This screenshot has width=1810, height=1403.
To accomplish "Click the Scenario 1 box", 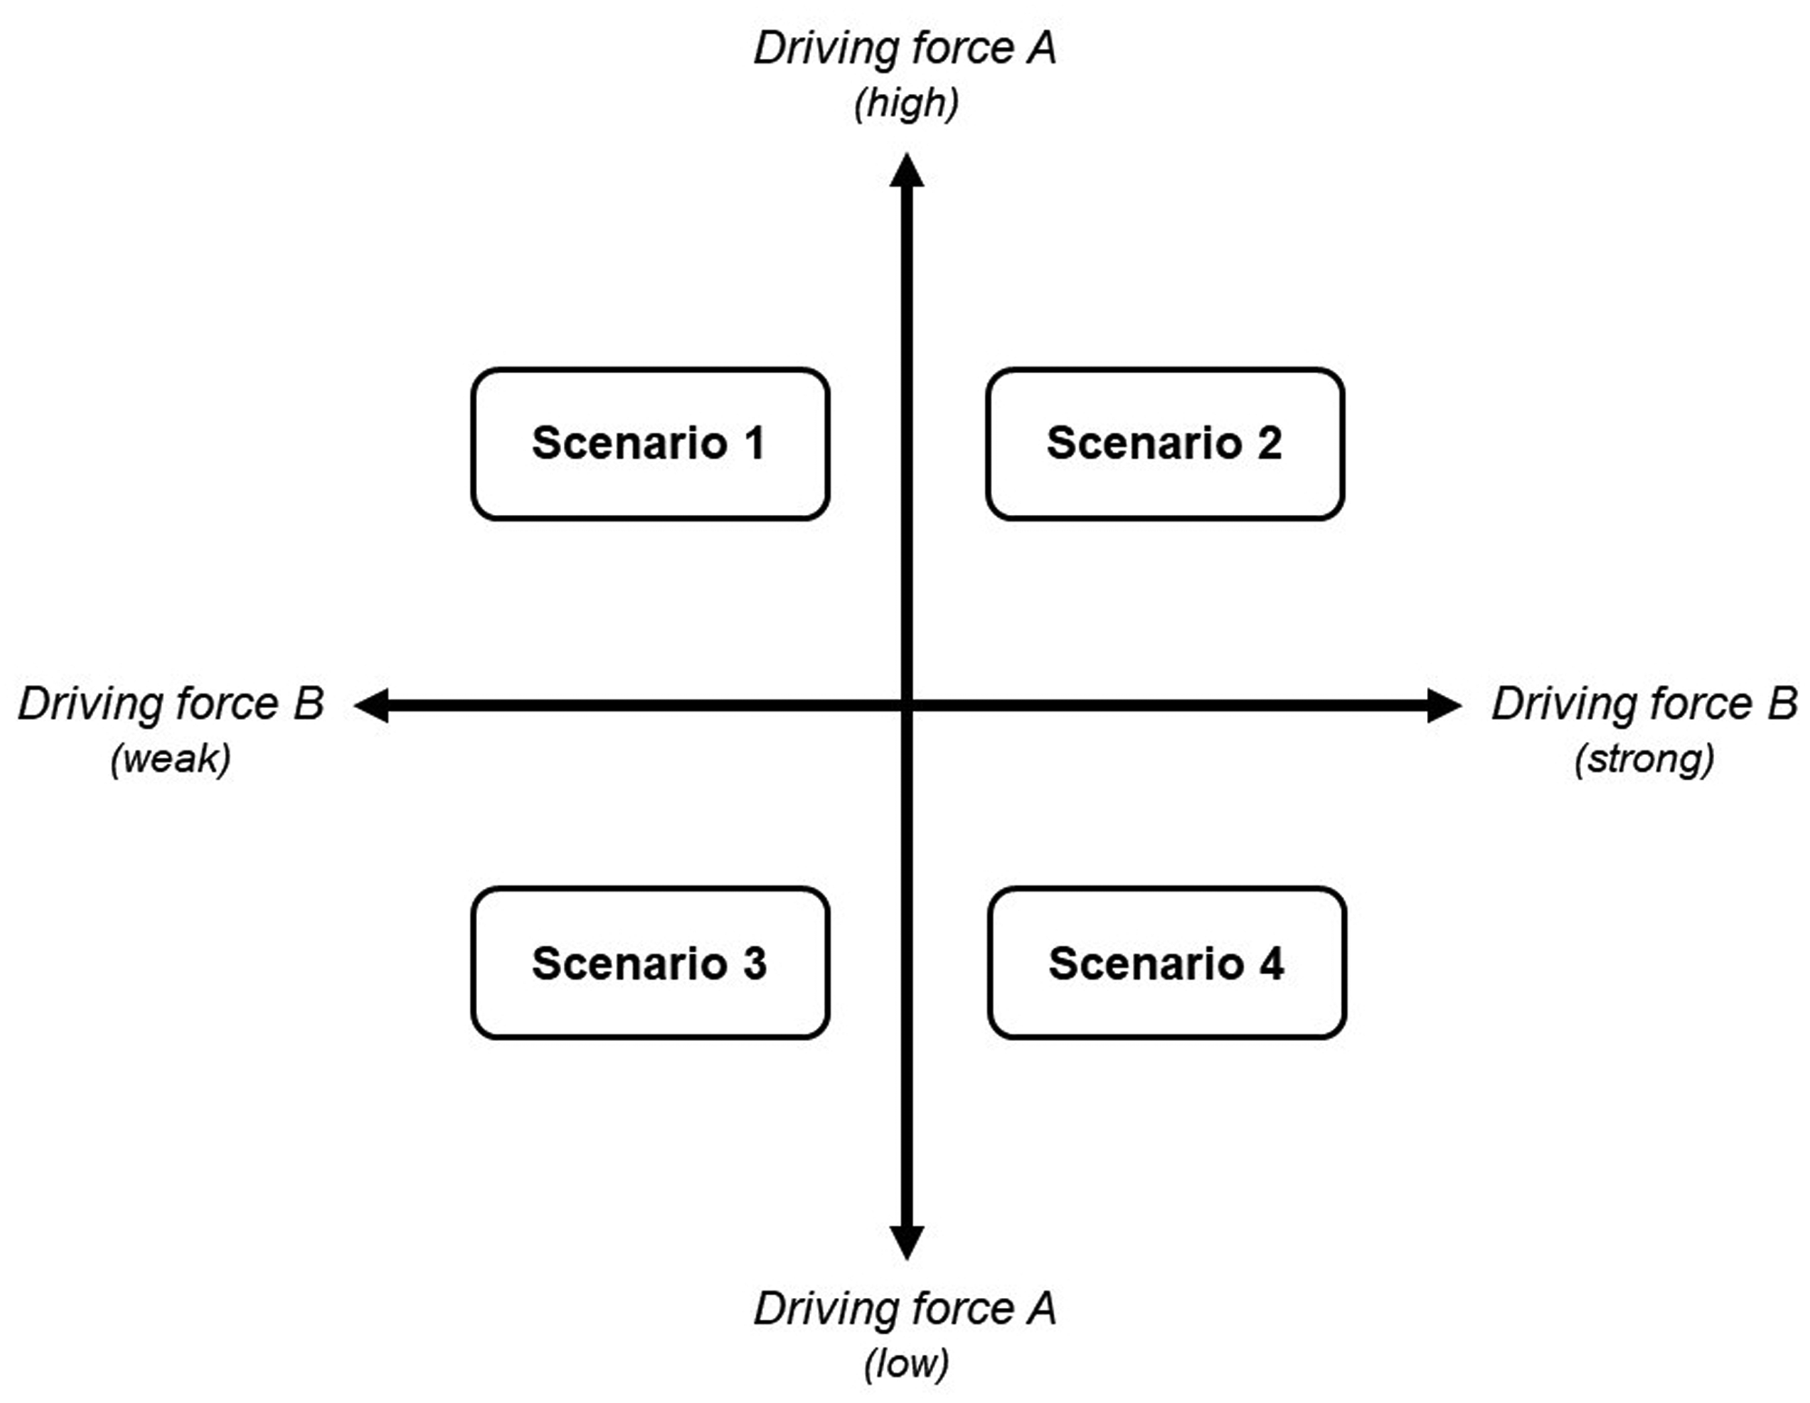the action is pyautogui.click(x=650, y=444).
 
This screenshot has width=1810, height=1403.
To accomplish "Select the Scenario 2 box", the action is pyautogui.click(x=1165, y=444).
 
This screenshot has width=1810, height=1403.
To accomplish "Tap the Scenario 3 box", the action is pyautogui.click(x=650, y=962).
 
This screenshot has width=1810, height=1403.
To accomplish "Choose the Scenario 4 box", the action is pyautogui.click(x=1167, y=962).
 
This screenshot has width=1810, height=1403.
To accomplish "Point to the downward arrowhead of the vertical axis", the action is pyautogui.click(x=907, y=1243).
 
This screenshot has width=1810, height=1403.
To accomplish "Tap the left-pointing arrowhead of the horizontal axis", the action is pyautogui.click(x=371, y=705).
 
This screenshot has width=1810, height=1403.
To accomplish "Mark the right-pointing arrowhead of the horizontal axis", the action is pyautogui.click(x=1444, y=705).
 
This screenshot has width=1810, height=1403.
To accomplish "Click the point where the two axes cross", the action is pyautogui.click(x=907, y=705).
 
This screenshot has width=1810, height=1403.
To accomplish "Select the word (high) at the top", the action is pyautogui.click(x=906, y=103).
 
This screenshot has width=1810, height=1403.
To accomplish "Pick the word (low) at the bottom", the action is pyautogui.click(x=906, y=1363).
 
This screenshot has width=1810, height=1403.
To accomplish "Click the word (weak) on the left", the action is pyautogui.click(x=171, y=759).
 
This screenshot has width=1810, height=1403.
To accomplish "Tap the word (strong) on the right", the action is pyautogui.click(x=1644, y=759).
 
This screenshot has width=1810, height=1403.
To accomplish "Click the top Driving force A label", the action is pyautogui.click(x=905, y=48).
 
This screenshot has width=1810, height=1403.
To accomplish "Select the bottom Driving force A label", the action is pyautogui.click(x=905, y=1309).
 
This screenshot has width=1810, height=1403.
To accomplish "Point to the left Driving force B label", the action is pyautogui.click(x=171, y=703).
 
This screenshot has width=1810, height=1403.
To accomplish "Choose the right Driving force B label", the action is pyautogui.click(x=1644, y=703).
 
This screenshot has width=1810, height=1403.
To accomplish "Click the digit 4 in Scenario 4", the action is pyautogui.click(x=1272, y=963).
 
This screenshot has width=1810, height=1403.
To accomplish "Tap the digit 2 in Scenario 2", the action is pyautogui.click(x=1269, y=444).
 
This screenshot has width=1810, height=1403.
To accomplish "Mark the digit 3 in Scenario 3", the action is pyautogui.click(x=755, y=963).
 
